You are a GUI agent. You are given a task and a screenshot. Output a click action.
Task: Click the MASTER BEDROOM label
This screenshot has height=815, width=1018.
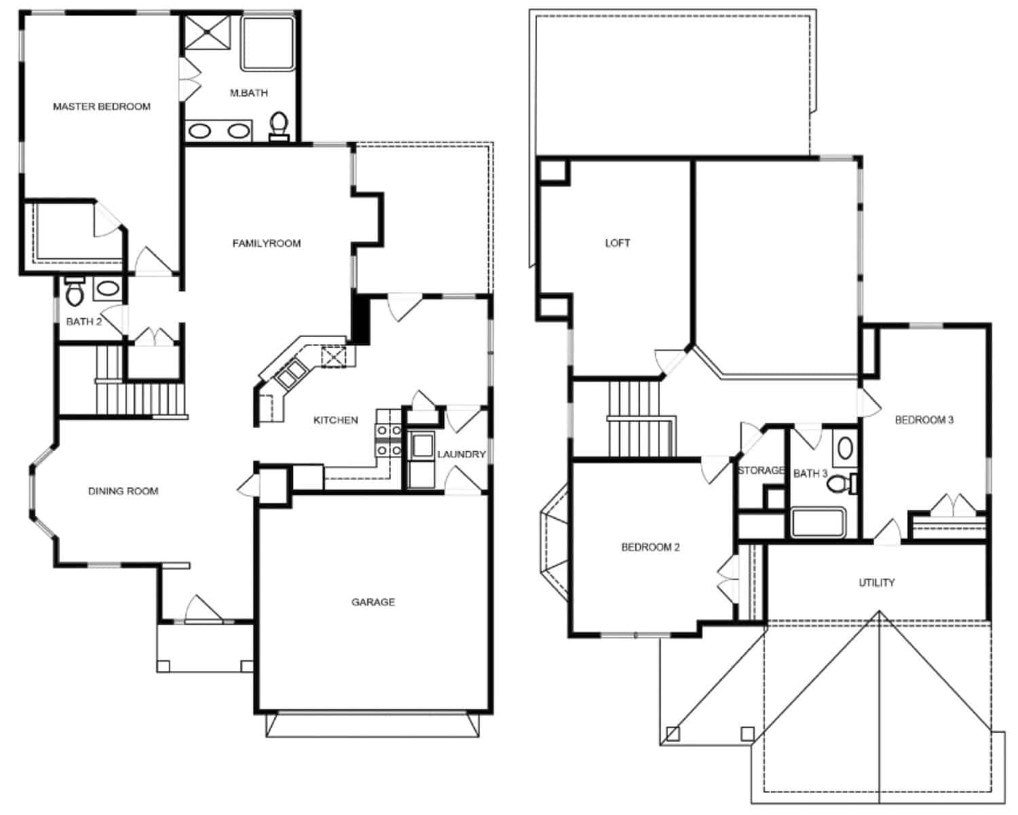click(102, 107)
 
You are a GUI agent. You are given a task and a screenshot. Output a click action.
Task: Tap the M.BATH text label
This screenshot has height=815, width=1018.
click(248, 93)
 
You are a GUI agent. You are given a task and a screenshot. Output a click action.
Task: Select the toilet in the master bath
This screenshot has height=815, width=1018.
click(278, 126)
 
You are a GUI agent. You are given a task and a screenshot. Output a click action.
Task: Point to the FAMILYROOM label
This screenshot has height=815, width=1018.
click(266, 243)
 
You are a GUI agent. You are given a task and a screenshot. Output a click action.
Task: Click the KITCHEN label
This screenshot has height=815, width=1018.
click(335, 420)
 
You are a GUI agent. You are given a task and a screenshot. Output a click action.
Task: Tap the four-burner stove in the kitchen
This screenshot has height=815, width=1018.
click(388, 439)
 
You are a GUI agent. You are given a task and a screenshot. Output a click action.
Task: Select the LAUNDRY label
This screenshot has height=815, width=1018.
click(461, 454)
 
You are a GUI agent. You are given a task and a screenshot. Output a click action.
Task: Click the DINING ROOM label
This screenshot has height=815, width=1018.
click(123, 491)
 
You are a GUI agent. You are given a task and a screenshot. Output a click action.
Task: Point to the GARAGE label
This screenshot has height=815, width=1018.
click(373, 602)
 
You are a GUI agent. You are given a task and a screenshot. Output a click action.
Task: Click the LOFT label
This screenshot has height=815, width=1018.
click(617, 242)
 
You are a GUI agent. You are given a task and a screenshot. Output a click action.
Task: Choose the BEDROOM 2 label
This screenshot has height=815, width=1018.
click(650, 547)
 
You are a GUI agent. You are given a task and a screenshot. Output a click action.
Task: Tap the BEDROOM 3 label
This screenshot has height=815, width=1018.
click(924, 420)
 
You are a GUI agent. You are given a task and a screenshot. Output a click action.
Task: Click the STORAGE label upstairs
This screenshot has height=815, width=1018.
click(761, 470)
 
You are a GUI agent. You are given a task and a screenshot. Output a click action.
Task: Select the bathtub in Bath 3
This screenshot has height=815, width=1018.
click(818, 523)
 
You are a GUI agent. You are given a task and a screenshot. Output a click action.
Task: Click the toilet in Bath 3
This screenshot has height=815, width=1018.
click(843, 484)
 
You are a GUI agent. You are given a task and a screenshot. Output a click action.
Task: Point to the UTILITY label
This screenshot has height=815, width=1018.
click(876, 582)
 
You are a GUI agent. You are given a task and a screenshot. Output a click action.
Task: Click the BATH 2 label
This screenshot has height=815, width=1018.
click(83, 321)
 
